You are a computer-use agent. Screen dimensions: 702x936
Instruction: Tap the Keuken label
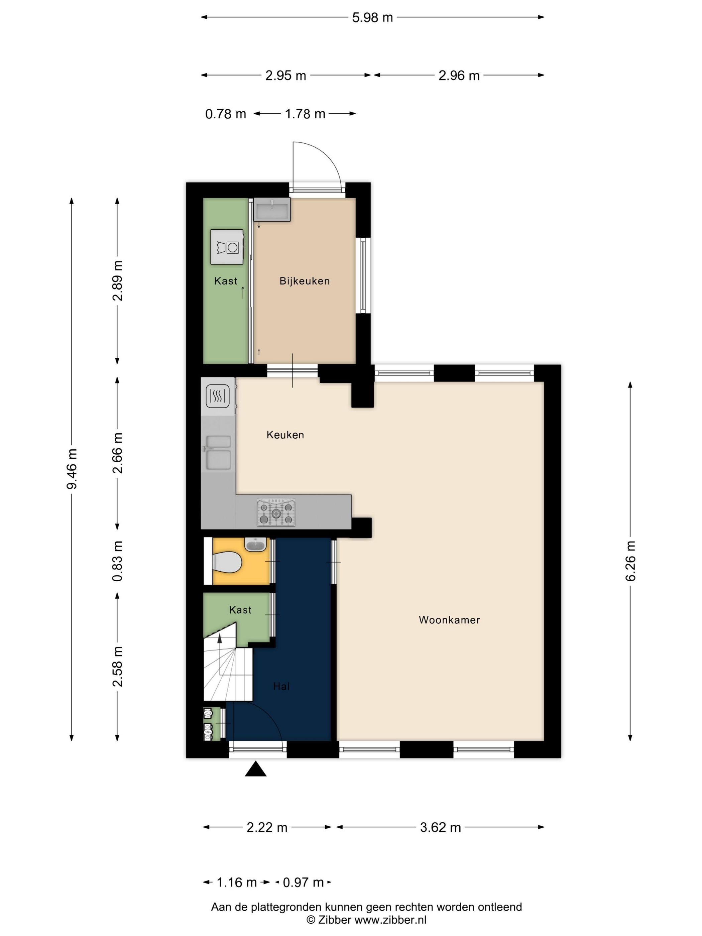pyautogui.click(x=285, y=435)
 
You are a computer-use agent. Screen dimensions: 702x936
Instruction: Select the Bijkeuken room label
pyautogui.click(x=304, y=281)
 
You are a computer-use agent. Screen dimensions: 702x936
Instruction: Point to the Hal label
pyautogui.click(x=281, y=686)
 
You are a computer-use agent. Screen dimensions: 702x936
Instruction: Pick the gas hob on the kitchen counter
pyautogui.click(x=276, y=513)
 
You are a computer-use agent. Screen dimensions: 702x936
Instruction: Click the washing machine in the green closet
pyautogui.click(x=228, y=247)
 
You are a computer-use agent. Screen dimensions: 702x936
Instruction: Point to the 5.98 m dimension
pyautogui.click(x=372, y=17)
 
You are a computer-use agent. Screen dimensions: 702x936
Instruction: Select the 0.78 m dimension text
pyautogui.click(x=226, y=114)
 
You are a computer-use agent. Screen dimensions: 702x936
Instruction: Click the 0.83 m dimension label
pyautogui.click(x=117, y=561)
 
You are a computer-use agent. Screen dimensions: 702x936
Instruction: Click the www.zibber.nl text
pyautogui.click(x=390, y=920)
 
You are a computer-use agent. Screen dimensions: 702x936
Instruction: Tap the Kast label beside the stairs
pyautogui.click(x=240, y=610)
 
